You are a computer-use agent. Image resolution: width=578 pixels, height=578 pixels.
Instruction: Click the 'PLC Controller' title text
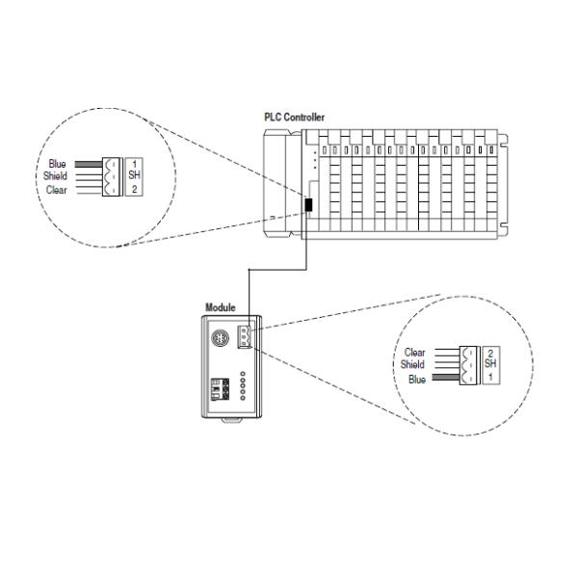pos(295,118)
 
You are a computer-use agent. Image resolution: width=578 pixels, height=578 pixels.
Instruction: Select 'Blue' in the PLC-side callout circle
pos(57,164)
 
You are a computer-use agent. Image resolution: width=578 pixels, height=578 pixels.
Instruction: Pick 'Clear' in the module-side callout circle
pos(413,354)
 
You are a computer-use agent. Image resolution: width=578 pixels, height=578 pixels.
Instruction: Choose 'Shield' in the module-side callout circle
pos(411,365)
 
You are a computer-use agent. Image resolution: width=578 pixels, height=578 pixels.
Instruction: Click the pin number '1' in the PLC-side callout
pos(135,163)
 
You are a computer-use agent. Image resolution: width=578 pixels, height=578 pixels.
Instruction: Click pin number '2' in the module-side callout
pos(489,353)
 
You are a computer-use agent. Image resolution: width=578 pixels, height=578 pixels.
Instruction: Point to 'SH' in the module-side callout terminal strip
pos(489,364)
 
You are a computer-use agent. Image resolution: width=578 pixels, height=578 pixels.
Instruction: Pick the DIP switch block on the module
pos(220,389)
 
